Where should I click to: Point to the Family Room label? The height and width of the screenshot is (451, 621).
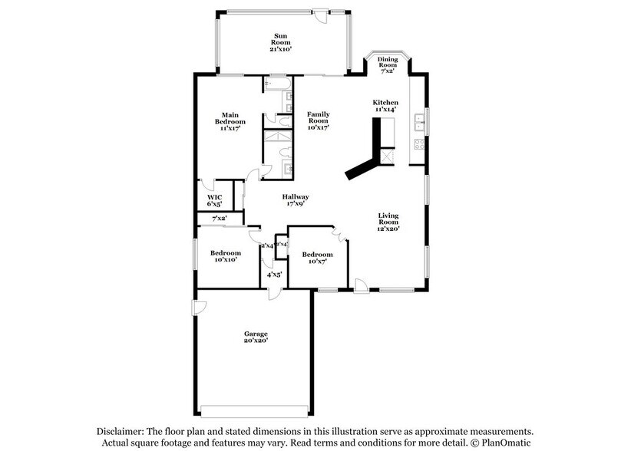[318, 121]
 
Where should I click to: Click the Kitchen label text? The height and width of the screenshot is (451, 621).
[385, 107]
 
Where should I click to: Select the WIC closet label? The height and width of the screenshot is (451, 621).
[214, 201]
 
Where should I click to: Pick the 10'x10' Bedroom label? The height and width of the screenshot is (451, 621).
[226, 256]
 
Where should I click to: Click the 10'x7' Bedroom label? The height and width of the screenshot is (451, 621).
[317, 258]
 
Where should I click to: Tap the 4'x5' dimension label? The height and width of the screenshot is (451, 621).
[273, 274]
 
